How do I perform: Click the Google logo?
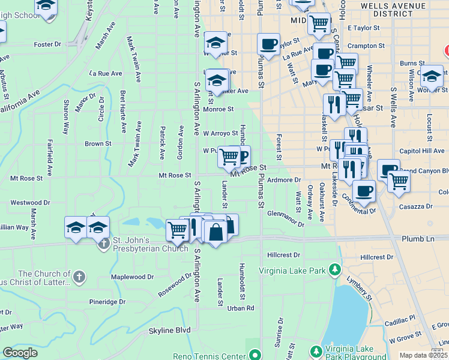(20, 353)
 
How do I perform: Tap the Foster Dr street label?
(47, 44)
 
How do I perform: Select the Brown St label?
(98, 144)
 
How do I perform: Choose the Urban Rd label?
(241, 308)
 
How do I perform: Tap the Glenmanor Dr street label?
(286, 214)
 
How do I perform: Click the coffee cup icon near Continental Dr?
(364, 191)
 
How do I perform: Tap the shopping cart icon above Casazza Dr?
(398, 180)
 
